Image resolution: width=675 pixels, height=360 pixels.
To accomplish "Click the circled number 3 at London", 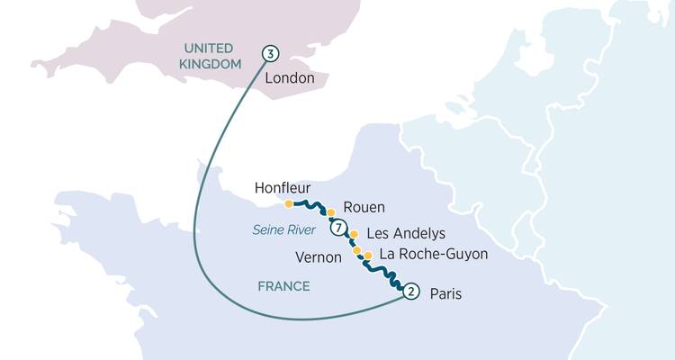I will [269, 53].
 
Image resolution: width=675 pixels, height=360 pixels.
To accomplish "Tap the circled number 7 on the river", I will [337, 228].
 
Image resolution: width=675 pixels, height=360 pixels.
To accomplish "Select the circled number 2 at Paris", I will [410, 291].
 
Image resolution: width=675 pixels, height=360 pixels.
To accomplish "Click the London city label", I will [290, 78].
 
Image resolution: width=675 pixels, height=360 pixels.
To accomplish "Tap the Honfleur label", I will [282, 188].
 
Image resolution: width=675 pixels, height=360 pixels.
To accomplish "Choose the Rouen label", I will [364, 206].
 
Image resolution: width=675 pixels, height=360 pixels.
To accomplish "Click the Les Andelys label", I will [393, 234].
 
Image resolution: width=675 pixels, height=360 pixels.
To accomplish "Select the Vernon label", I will [319, 257].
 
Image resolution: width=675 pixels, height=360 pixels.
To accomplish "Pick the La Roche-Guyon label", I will [434, 255].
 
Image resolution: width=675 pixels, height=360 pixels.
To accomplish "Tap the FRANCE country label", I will [283, 286].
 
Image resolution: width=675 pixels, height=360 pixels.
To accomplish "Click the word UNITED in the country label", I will [208, 48].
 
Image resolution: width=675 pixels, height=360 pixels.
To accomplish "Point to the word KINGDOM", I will [211, 64].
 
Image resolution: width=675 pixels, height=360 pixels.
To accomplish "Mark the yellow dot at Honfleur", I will [288, 203].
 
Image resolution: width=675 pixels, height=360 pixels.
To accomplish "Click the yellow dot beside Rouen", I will [330, 212].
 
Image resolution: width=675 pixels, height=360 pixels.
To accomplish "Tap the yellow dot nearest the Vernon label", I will [356, 250].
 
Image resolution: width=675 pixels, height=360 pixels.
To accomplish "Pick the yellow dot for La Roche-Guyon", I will [367, 256].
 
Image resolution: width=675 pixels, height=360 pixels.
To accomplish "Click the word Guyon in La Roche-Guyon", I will [465, 255].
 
